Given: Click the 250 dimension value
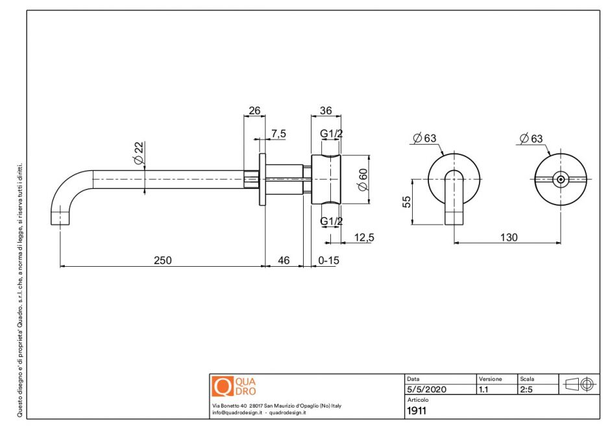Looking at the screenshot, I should [162, 260].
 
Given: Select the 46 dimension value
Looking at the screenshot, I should [284, 260].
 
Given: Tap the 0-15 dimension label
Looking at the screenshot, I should [329, 260].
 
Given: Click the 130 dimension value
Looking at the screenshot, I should [509, 238].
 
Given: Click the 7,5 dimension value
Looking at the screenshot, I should [279, 134].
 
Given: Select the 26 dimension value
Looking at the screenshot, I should [254, 111].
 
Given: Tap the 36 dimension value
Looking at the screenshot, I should [326, 111].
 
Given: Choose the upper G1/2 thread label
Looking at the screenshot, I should [332, 134].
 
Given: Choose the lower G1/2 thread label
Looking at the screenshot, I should [332, 222].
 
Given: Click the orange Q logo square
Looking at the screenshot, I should [223, 386].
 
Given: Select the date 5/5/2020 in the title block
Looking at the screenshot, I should [426, 390].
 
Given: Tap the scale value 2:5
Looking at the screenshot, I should [526, 390].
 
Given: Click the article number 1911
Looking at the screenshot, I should [417, 410].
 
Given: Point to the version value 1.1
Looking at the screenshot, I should [483, 390].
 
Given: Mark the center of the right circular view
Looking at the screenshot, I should [560, 180].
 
